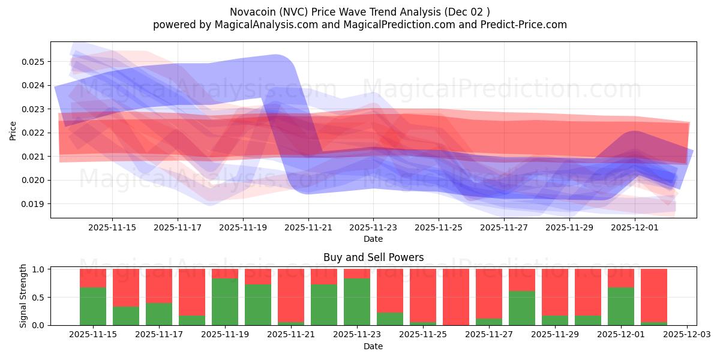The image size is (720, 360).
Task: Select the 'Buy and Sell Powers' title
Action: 373,257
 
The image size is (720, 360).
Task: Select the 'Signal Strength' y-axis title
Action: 23,296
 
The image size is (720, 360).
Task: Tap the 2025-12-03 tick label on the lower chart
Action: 685,335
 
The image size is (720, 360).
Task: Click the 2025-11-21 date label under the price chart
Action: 308,227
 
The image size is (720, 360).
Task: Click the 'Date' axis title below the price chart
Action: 373,239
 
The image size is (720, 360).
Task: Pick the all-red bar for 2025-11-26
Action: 456,297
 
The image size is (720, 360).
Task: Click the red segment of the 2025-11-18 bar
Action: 192,292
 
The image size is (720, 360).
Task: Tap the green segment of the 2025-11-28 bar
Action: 522,308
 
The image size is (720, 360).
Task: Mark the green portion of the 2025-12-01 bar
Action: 621,307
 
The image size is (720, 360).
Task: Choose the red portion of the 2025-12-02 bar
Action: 654,295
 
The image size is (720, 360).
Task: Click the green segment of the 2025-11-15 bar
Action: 93,307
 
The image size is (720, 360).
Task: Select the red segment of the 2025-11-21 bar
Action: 291,295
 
